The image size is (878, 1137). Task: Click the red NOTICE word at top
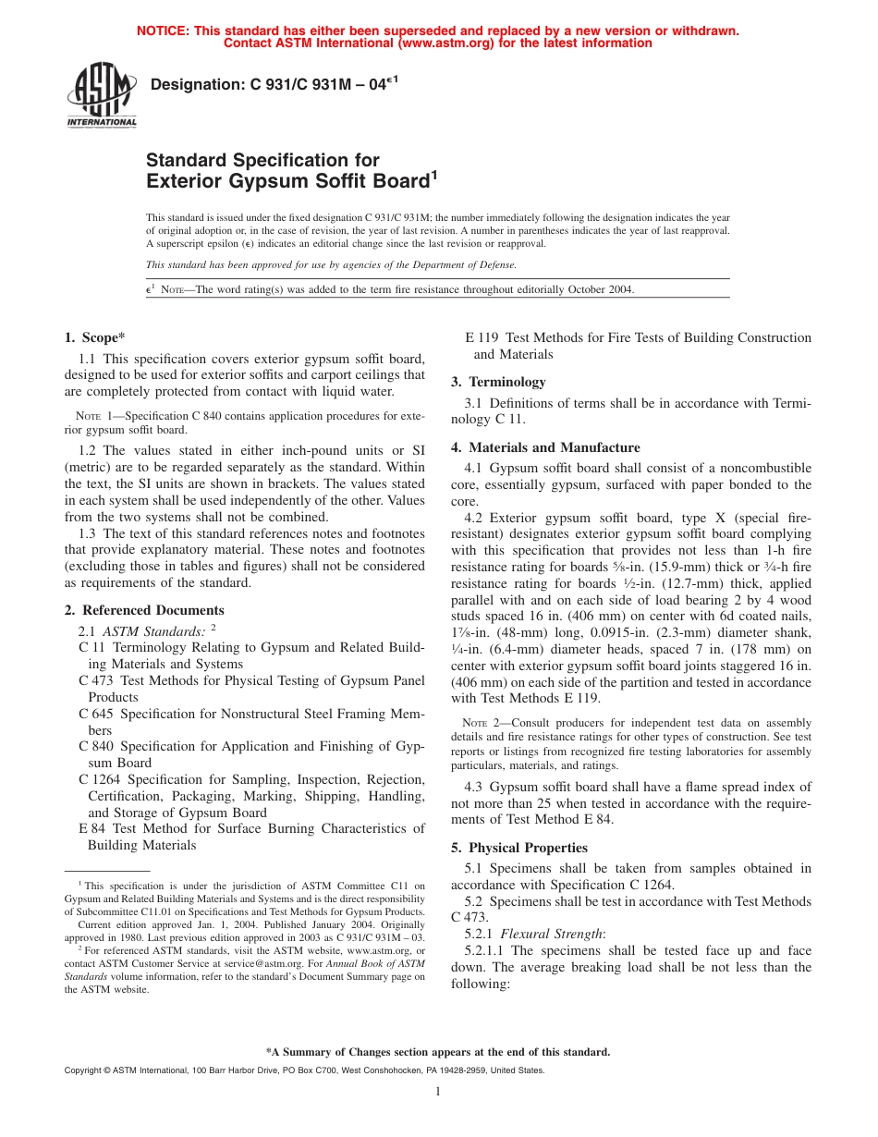[x=161, y=31]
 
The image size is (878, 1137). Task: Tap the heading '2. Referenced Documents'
[x=144, y=610]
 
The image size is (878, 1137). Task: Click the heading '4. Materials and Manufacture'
[x=545, y=447]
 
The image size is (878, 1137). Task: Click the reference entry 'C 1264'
[x=97, y=779]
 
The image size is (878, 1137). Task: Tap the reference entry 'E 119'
[x=482, y=337]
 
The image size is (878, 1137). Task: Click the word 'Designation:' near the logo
[x=196, y=85]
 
